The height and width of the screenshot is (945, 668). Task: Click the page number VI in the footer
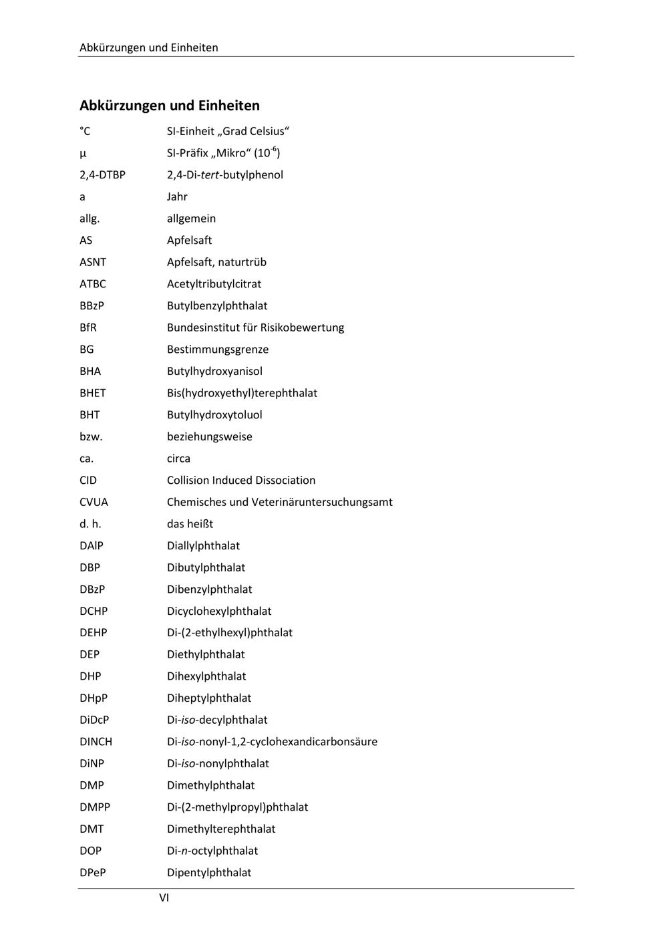point(164,898)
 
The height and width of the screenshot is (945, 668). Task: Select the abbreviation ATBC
point(93,284)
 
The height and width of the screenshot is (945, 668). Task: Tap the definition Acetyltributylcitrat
point(214,284)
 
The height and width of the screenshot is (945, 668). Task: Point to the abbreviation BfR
point(88,327)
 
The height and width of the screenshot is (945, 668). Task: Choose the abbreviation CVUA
point(94,502)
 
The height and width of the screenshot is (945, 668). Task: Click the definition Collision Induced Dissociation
point(240,481)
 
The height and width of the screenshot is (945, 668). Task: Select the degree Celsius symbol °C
point(85,131)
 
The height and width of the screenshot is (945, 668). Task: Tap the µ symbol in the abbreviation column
point(83,154)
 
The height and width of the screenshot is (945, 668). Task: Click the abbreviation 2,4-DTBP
point(102,175)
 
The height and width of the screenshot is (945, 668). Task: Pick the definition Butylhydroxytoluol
point(214,415)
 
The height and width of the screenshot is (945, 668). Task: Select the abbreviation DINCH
point(96,742)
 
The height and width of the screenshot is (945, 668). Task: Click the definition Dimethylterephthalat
point(221,829)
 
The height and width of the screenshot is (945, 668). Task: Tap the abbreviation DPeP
point(93,873)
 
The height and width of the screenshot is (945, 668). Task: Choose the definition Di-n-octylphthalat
point(212,851)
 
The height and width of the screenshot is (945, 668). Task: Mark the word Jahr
point(177,196)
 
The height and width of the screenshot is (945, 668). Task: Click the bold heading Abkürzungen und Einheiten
point(170,106)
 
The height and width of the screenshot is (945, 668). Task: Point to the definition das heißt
point(190,524)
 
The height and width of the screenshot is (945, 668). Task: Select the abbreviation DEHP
point(94,633)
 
